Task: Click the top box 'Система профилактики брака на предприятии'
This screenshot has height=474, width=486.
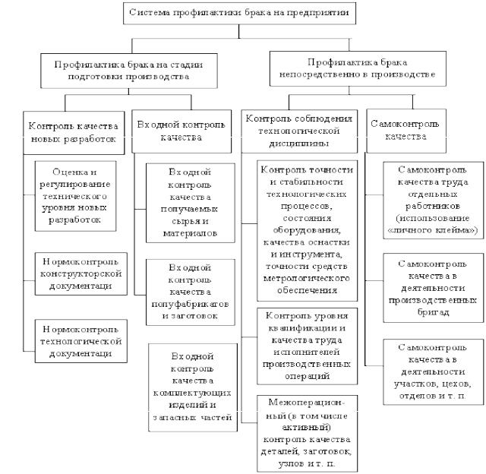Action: (239, 13)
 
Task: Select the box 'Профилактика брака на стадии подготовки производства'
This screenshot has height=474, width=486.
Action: (128, 71)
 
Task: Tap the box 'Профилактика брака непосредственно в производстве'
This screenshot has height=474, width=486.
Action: (358, 68)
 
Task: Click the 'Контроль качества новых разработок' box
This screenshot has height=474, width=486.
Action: (74, 133)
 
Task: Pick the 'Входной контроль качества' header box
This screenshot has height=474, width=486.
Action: (181, 131)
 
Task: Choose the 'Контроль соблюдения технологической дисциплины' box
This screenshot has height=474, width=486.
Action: (299, 131)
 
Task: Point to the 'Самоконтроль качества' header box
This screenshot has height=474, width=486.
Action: (406, 131)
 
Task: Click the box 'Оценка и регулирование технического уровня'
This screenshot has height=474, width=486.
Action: (76, 196)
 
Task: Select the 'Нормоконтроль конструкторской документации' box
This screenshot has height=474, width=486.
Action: (81, 273)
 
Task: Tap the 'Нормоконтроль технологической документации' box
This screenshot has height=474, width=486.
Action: (81, 341)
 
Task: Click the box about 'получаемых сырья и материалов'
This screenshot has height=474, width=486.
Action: (191, 203)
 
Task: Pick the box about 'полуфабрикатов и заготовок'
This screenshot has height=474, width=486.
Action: (191, 292)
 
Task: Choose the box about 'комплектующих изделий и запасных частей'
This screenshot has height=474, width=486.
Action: (193, 387)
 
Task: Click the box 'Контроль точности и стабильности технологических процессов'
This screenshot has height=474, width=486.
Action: (307, 231)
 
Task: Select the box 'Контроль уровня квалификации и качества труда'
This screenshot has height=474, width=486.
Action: (307, 346)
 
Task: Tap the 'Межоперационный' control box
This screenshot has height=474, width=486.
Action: (307, 434)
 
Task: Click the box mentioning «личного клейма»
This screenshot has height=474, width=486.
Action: (434, 201)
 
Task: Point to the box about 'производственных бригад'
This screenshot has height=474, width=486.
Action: (434, 288)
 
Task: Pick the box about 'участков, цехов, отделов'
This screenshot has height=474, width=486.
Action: (434, 372)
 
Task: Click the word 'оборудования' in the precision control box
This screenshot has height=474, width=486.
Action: (307, 230)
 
